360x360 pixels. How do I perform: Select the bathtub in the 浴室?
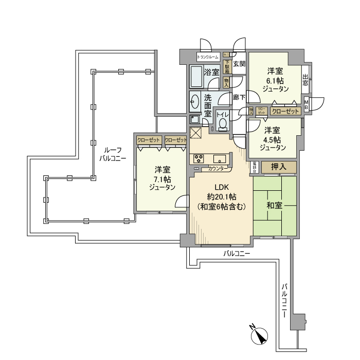pyautogui.click(x=196, y=77)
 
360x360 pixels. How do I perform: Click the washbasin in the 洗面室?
pyautogui.click(x=195, y=101)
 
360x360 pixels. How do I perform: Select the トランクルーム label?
pyautogui.click(x=208, y=57)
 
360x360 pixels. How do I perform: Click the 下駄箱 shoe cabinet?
pyautogui.click(x=226, y=67)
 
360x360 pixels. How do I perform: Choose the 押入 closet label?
pyautogui.click(x=279, y=167)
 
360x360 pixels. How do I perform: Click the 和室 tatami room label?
pyautogui.click(x=274, y=206)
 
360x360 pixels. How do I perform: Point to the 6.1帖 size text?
pyautogui.click(x=275, y=80)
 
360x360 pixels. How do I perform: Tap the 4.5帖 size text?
pyautogui.click(x=273, y=139)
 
